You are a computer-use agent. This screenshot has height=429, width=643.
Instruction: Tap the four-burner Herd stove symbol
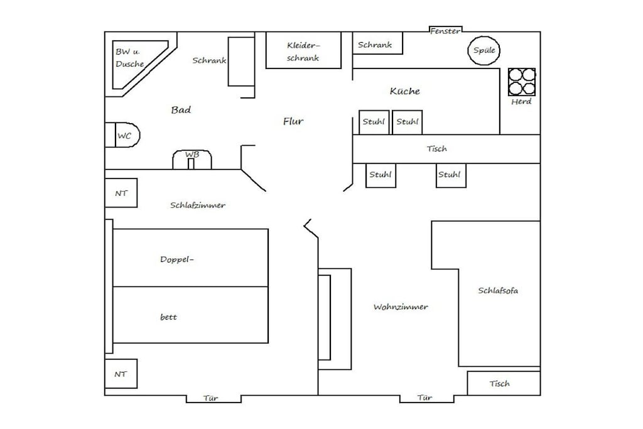tap(522, 82)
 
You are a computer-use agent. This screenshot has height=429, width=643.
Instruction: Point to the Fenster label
tap(445, 31)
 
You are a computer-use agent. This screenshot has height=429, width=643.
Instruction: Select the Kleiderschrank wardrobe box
tap(303, 50)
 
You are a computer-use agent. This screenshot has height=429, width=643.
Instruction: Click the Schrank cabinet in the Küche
tap(377, 43)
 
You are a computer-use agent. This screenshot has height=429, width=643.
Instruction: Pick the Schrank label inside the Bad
tap(209, 61)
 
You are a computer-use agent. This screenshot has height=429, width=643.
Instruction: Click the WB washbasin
tap(192, 160)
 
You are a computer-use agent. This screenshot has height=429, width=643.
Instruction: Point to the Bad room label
tap(181, 110)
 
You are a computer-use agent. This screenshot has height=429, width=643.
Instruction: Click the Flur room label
tap(293, 121)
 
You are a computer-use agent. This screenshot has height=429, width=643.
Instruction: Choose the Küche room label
tap(405, 91)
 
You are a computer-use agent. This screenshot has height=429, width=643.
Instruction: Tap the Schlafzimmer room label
tap(198, 205)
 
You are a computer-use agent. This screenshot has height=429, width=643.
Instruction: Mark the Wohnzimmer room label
tap(401, 307)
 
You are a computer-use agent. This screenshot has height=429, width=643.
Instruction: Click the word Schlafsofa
tap(498, 291)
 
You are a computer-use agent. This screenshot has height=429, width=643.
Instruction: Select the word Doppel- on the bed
tap(176, 259)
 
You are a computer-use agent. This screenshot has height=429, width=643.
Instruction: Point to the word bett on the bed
tap(168, 317)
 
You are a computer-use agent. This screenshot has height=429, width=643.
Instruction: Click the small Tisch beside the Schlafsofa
tap(504, 384)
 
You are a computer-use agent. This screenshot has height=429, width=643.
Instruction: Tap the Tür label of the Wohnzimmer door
tap(425, 398)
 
